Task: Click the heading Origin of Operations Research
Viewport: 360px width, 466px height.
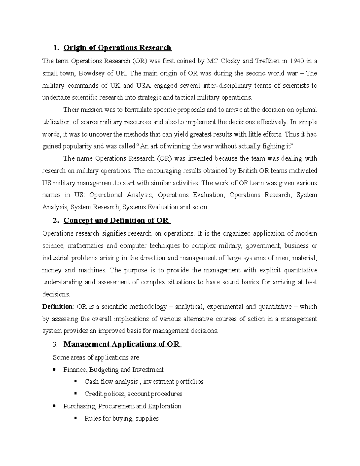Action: pyautogui.click(x=117, y=48)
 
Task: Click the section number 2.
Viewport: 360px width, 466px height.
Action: pyautogui.click(x=55, y=221)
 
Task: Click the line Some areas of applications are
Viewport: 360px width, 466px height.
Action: pyautogui.click(x=96, y=357)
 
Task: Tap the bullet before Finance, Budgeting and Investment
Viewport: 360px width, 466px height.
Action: pyautogui.click(x=54, y=370)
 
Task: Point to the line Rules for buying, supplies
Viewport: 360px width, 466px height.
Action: pyautogui.click(x=121, y=418)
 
